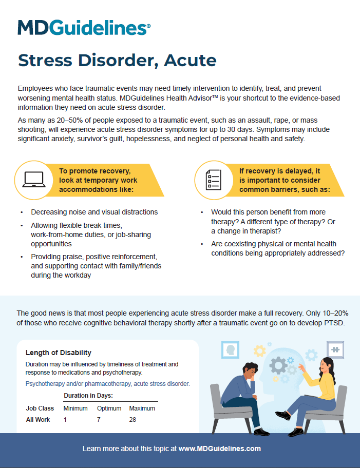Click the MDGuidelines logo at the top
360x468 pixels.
(x=84, y=27)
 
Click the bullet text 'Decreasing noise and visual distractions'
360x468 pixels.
(x=94, y=212)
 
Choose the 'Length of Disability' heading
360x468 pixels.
(x=58, y=353)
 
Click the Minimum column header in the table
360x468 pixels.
(x=76, y=408)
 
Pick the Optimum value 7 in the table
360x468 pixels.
(x=99, y=420)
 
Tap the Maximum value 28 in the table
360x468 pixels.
(x=132, y=420)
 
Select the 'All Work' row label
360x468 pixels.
(x=38, y=420)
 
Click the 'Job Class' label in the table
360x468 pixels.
(x=40, y=408)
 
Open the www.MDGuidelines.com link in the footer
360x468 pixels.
(x=219, y=449)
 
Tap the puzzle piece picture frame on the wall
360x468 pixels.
(x=335, y=350)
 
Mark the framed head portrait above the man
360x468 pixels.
(x=230, y=350)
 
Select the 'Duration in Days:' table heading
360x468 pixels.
(x=88, y=396)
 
